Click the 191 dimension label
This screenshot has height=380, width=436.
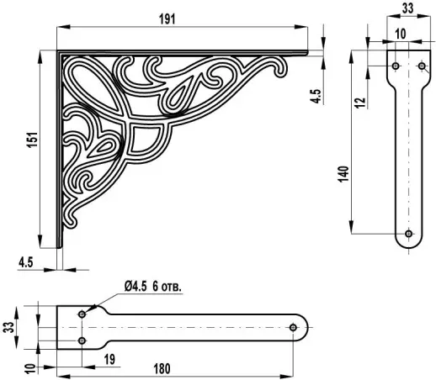point(167,19)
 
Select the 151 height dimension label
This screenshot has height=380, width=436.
point(33,140)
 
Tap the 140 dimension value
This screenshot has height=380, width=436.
point(343,174)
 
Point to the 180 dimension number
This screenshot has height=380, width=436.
point(162,369)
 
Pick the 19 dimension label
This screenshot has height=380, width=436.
point(109,359)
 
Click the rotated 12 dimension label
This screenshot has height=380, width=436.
point(361,103)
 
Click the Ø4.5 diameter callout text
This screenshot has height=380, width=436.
point(136,287)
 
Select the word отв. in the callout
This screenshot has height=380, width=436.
point(171,288)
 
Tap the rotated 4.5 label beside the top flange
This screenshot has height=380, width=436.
point(316,96)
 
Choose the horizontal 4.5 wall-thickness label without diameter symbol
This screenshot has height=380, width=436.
point(26,262)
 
